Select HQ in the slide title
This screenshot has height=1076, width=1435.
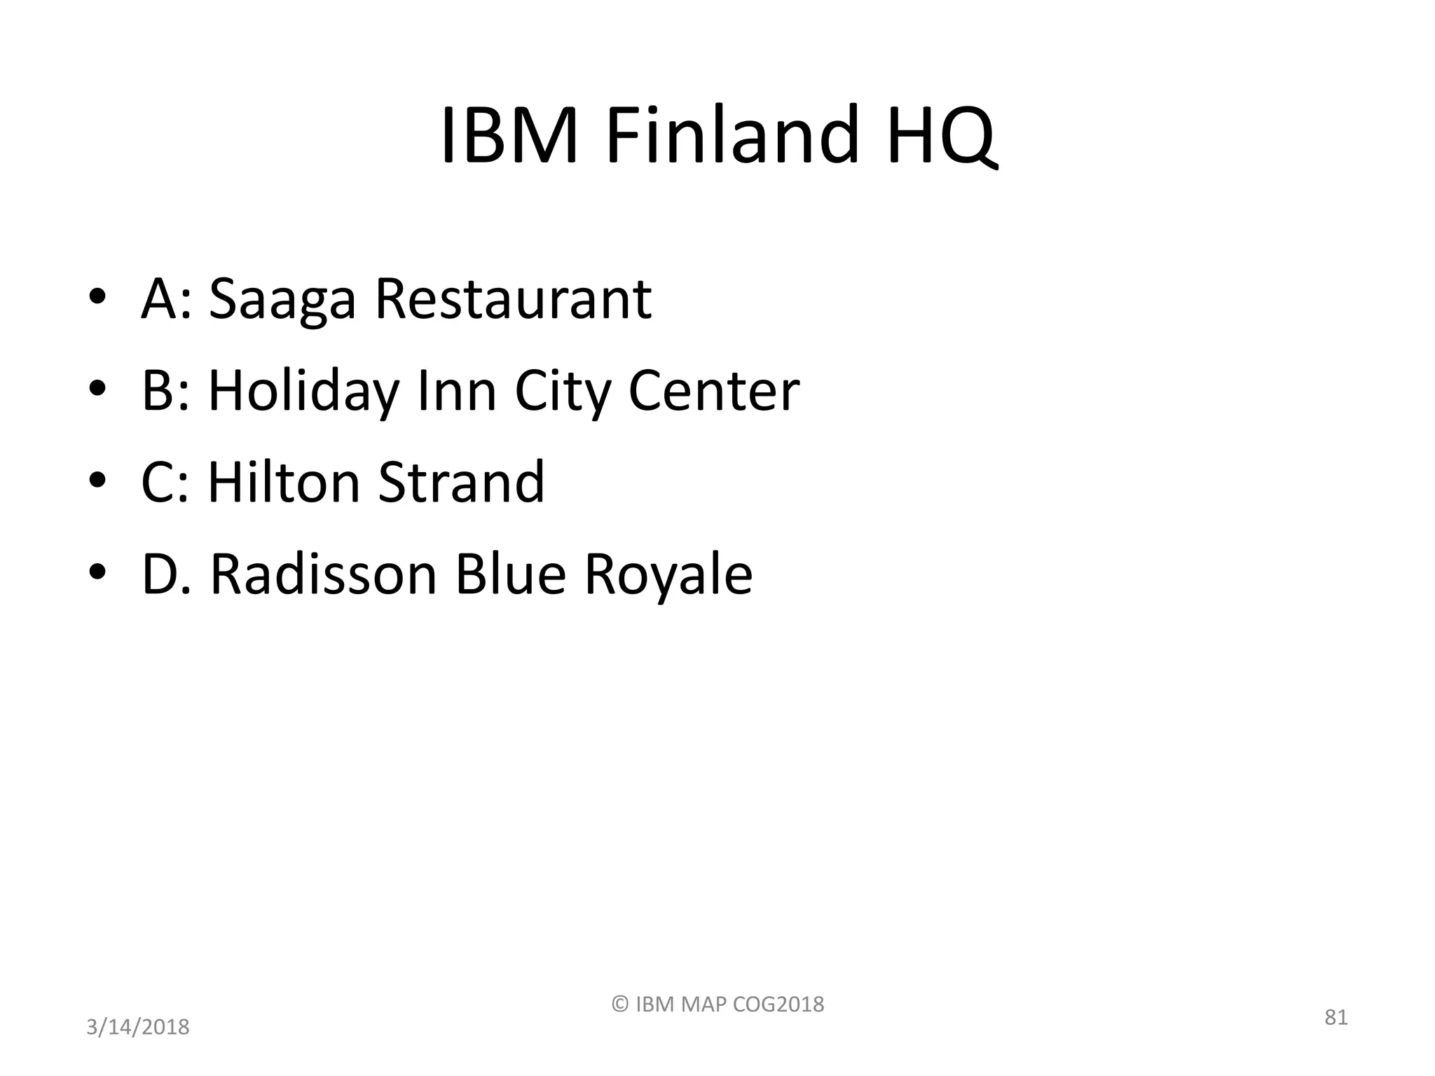point(939,135)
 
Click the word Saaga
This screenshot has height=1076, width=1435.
point(282,300)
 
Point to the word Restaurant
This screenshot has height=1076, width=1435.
point(513,298)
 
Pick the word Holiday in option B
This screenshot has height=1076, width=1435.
point(303,392)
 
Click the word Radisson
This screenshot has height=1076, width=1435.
point(324,574)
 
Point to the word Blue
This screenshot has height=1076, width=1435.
point(509,574)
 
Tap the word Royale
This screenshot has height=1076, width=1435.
point(668,576)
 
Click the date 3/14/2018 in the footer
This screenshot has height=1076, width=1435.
point(137,1027)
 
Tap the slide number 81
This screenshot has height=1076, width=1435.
point(1336,1017)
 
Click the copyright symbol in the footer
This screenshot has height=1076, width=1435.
point(620,1004)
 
